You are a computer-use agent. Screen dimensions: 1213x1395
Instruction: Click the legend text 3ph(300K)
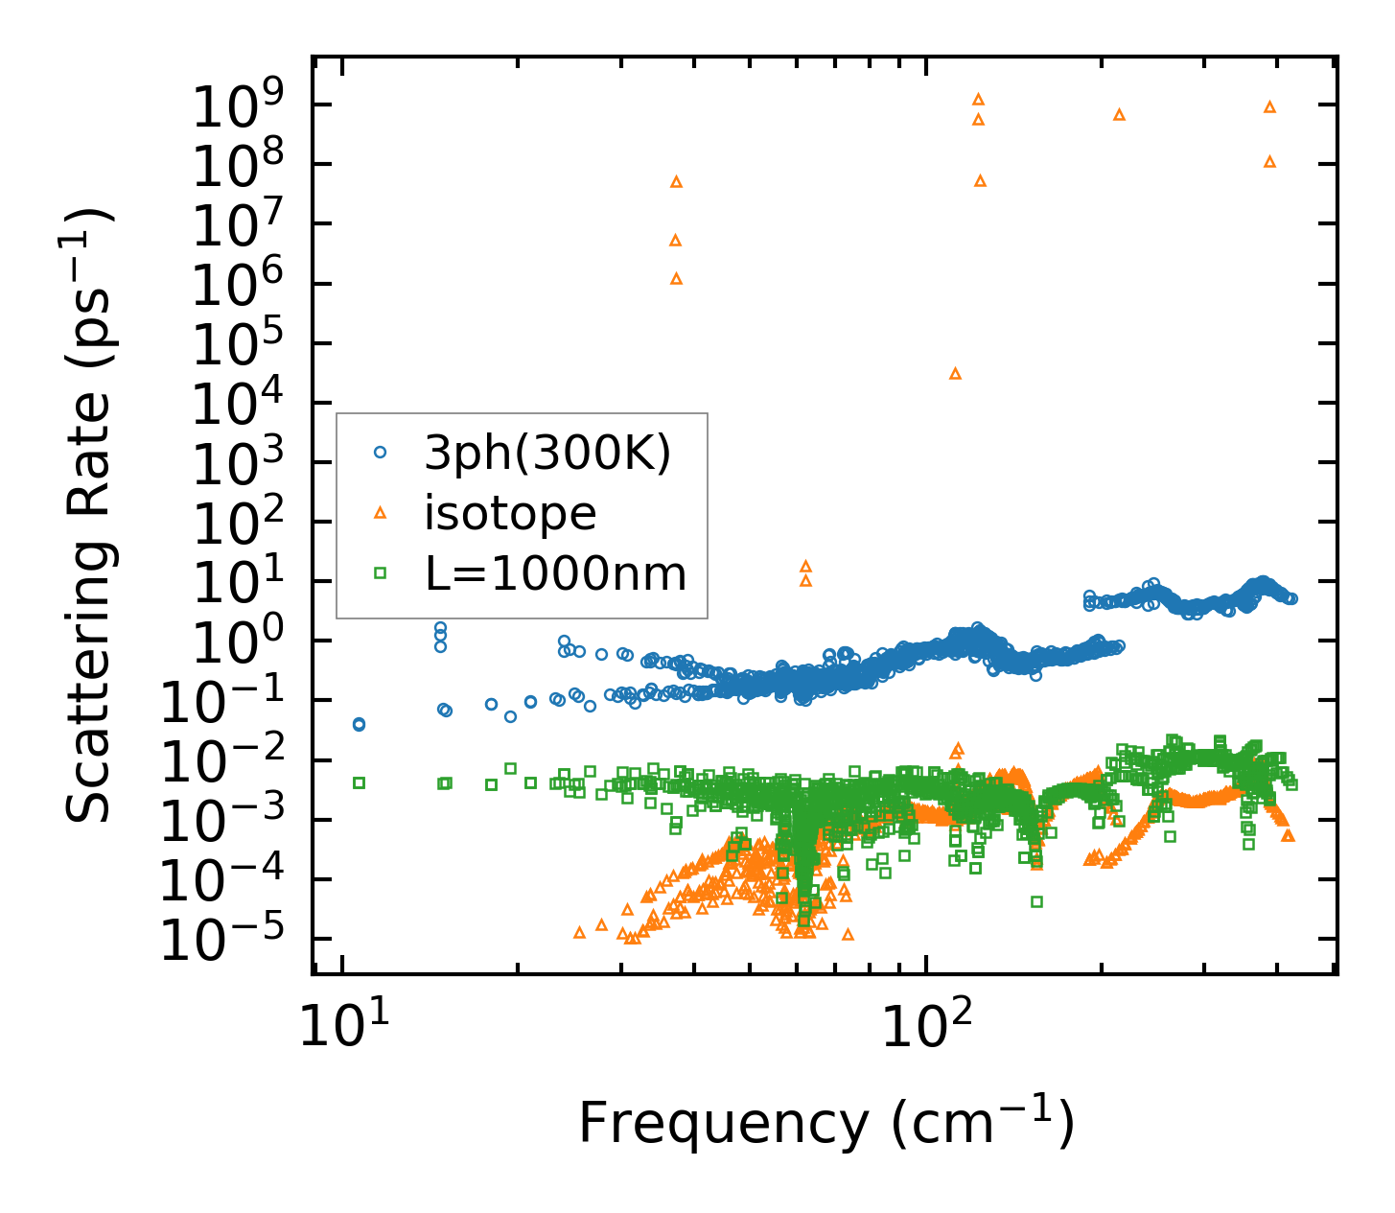coord(547,453)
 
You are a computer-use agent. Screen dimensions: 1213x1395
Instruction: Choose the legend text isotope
coord(510,513)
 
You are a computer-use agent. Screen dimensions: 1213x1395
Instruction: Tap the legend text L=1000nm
coord(555,574)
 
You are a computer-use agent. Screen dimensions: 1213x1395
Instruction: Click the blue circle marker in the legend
coord(380,453)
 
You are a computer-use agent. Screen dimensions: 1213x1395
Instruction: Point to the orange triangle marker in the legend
coord(380,513)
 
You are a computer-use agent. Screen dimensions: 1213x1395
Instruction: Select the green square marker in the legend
coord(380,573)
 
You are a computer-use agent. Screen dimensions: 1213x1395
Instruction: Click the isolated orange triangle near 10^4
coord(955,373)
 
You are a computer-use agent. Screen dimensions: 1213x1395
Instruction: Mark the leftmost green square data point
coord(359,782)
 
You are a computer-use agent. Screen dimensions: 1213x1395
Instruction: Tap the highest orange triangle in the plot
coord(978,99)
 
